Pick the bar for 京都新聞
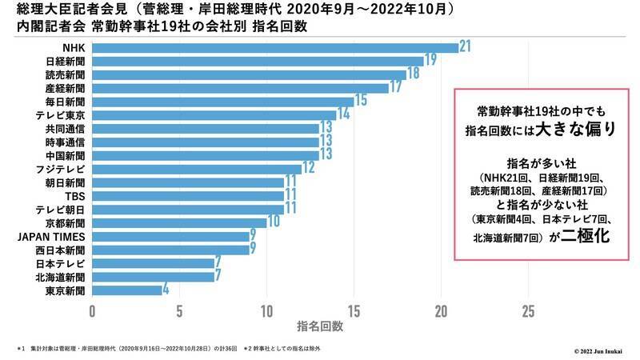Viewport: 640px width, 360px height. click(179, 222)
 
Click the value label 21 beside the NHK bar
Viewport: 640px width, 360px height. click(466, 47)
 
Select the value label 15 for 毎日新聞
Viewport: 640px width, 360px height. click(361, 101)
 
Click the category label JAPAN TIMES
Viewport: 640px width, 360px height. click(51, 236)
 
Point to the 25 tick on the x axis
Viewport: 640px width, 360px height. click(527, 310)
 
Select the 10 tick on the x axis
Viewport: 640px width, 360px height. click(266, 310)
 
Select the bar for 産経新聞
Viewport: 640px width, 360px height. click(240, 87)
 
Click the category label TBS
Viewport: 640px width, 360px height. click(74, 195)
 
